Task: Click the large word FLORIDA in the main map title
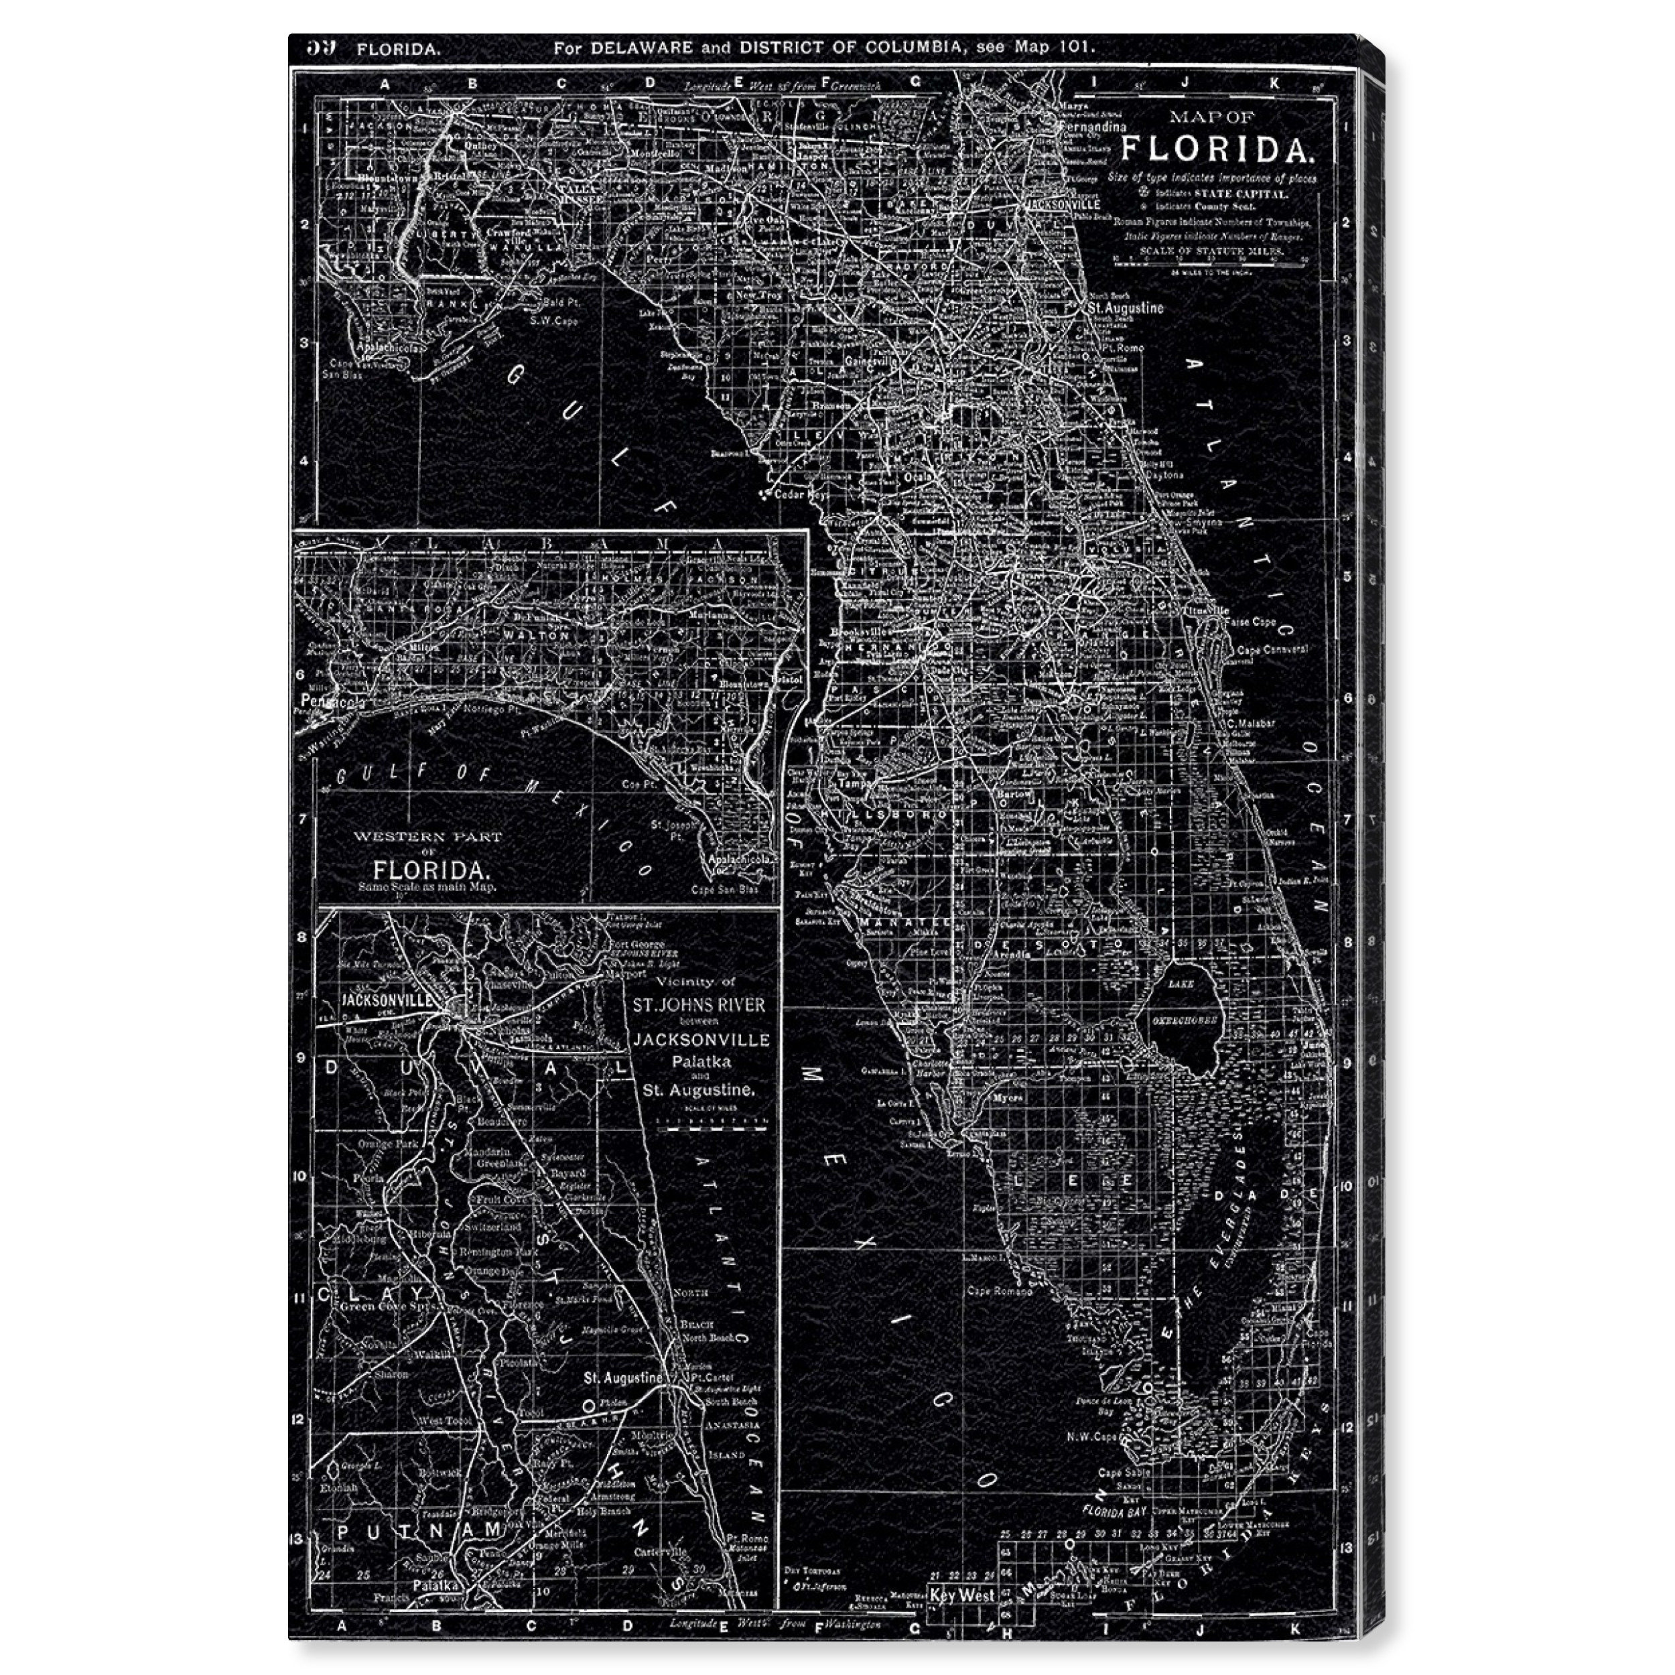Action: coord(1217,149)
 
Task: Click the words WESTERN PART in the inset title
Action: coord(427,837)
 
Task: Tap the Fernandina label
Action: coord(1094,127)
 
